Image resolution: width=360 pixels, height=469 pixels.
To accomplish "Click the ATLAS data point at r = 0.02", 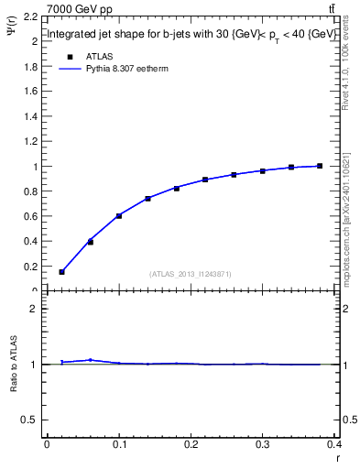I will tap(61, 271).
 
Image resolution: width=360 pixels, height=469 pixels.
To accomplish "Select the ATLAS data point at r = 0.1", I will tap(119, 215).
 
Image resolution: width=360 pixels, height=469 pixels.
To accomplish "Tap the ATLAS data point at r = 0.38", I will tap(320, 166).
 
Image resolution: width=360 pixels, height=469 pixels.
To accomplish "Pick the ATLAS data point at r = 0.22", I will tap(205, 180).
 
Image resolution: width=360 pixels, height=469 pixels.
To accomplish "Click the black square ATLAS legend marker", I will tap(70, 56).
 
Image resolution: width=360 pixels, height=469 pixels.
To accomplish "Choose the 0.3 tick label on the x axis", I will tap(263, 445).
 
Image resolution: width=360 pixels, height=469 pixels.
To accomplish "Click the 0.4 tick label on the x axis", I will tap(334, 445).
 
